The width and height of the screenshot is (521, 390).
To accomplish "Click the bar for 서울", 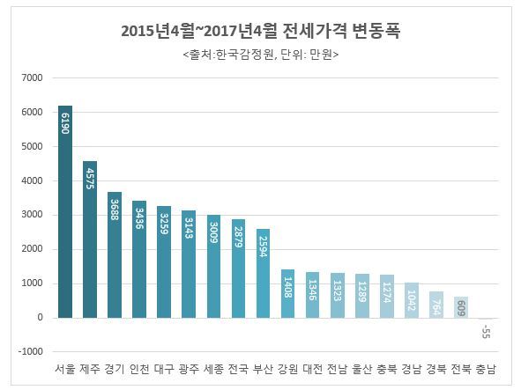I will [65, 211].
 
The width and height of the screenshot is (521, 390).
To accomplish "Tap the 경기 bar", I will [115, 254].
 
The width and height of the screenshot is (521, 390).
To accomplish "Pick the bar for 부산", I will [263, 273].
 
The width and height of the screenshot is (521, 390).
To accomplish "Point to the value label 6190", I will [65, 122].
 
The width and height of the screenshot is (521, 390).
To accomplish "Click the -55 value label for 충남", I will [485, 331].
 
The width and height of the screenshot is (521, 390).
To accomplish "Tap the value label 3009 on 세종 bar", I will [213, 232].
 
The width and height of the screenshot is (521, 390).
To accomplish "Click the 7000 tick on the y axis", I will [32, 77].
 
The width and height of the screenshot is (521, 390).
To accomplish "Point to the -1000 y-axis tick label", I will [30, 351].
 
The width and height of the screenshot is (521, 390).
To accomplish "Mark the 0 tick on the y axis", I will [39, 317].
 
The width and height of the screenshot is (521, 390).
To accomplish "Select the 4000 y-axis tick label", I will [32, 180].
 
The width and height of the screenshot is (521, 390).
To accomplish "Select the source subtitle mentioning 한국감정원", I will [261, 55].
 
